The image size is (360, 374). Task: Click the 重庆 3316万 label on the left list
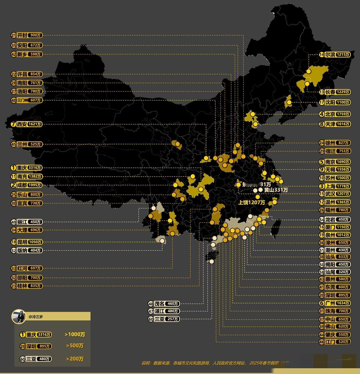(x=27, y=168)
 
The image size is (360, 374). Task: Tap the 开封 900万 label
(x=27, y=35)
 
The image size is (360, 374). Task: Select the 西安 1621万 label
(x=27, y=124)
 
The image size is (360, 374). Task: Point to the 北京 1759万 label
(x=335, y=114)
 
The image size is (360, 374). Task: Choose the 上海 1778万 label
(x=335, y=186)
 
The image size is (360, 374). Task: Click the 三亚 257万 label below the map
(x=164, y=319)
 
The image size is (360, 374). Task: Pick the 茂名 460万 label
(x=164, y=304)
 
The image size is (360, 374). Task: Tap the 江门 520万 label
(x=335, y=342)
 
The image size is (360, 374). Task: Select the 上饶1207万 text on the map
(x=252, y=202)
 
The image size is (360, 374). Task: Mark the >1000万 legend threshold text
(x=75, y=335)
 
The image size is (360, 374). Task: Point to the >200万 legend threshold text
(x=75, y=359)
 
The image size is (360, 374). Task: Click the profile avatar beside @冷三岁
(x=19, y=317)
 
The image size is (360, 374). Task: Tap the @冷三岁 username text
(x=36, y=317)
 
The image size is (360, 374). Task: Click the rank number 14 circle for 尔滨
(x=322, y=55)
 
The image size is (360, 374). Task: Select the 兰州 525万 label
(x=27, y=144)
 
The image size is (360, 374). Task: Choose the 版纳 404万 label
(x=27, y=250)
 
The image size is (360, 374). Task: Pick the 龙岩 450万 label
(x=335, y=219)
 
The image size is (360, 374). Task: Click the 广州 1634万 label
(x=335, y=303)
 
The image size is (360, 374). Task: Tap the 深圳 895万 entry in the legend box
(x=36, y=346)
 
